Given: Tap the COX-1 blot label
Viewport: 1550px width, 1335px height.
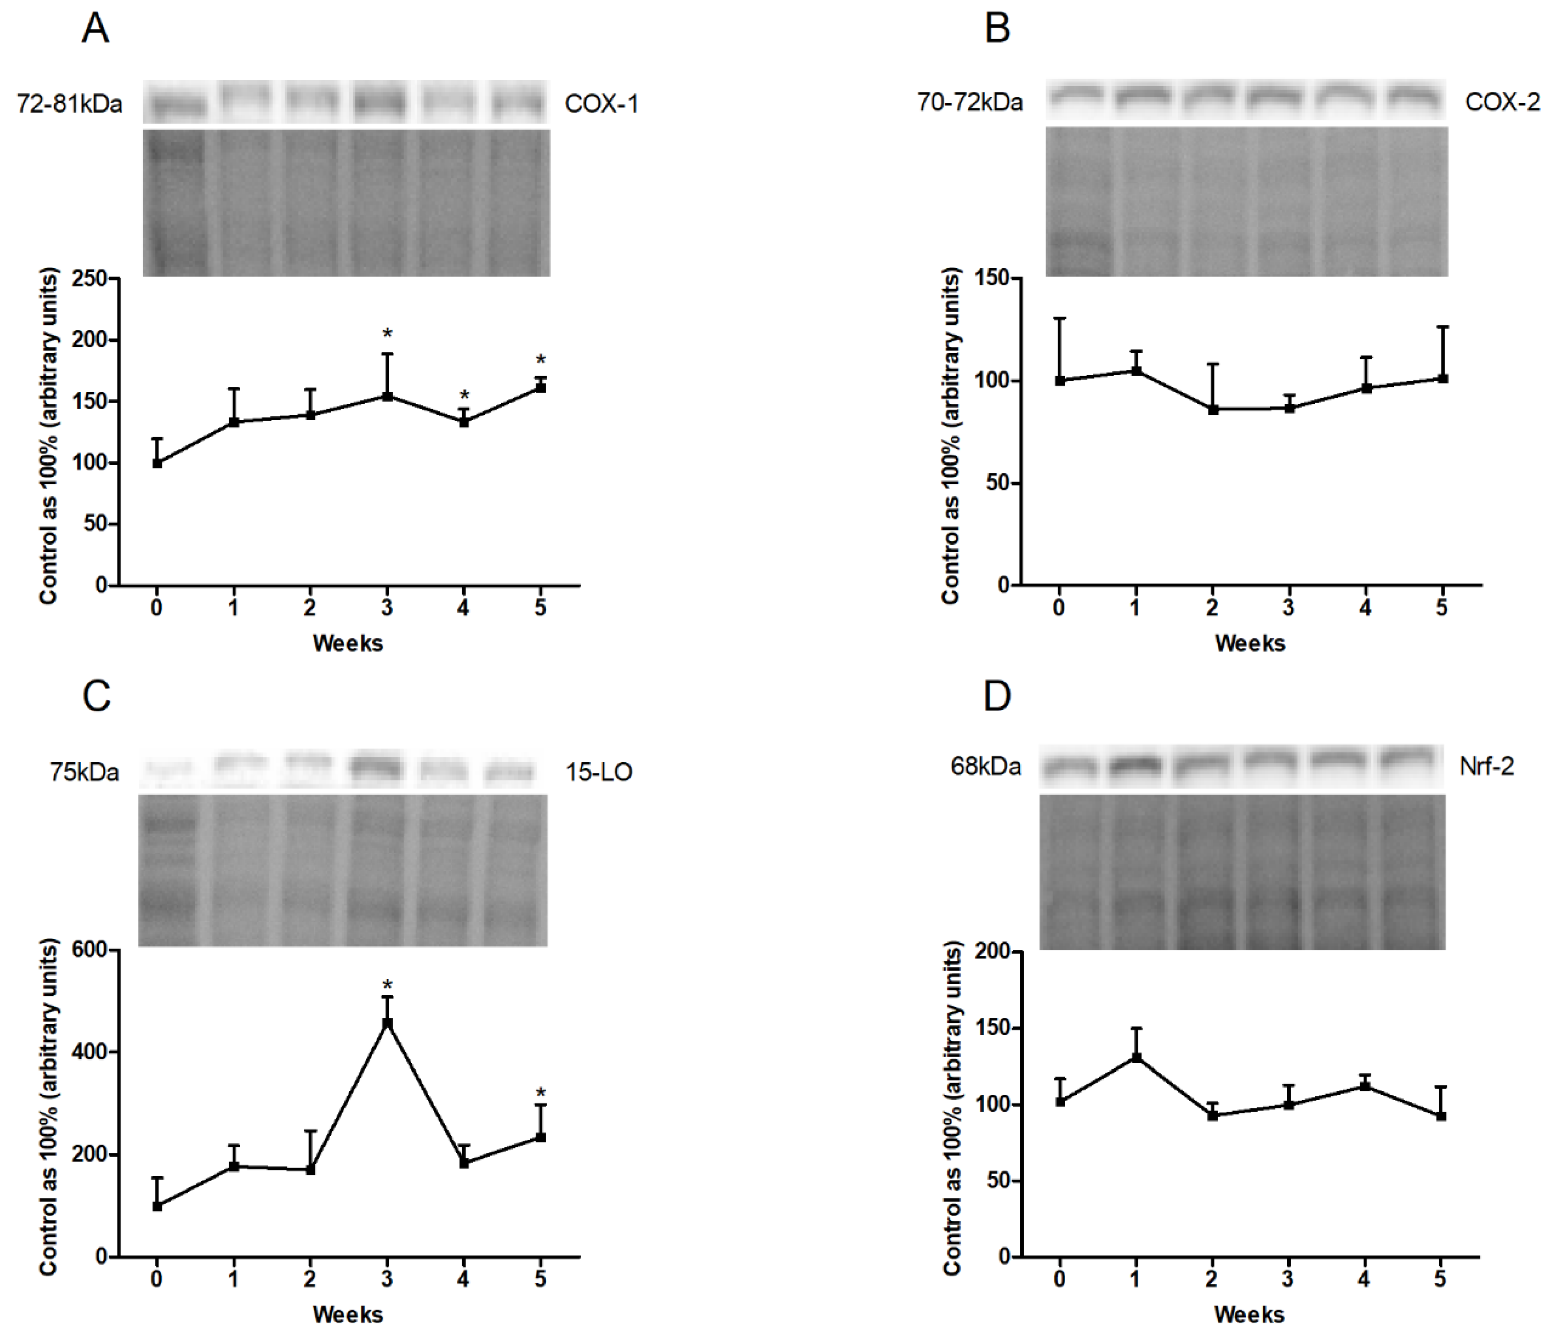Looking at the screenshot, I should coord(601,104).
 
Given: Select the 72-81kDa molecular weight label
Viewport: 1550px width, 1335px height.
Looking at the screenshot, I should coord(69,104).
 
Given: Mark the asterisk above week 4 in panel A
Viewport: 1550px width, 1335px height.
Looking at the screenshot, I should coord(464,396).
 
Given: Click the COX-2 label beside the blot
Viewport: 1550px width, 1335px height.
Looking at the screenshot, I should coord(1502,102).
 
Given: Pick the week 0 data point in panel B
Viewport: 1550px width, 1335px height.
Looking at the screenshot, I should coord(1060,381).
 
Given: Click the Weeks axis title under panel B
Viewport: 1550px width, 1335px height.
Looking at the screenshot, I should coord(1249,643).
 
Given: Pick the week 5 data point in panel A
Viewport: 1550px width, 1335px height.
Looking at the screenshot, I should coord(540,387).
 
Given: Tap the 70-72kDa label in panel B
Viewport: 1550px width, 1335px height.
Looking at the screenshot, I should coord(970,102).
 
